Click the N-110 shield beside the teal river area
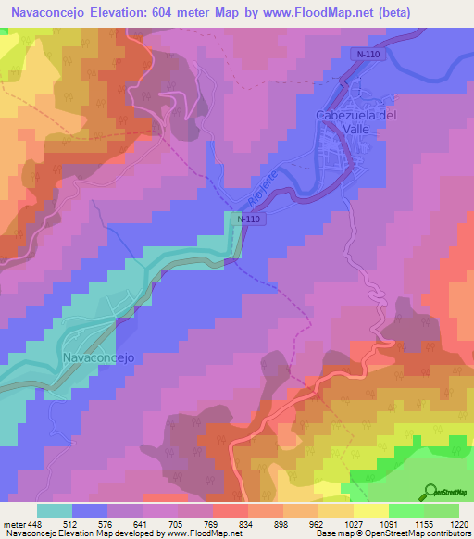pos(246,219)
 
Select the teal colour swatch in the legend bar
pos(55,510)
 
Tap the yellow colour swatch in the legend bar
pos(370,510)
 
